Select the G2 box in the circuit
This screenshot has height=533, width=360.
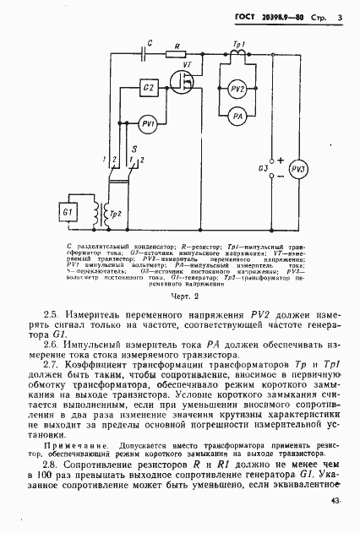tap(148, 89)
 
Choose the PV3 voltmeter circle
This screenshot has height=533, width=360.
tap(297, 169)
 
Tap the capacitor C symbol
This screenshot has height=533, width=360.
tap(150, 51)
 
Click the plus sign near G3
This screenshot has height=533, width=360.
tap(279, 160)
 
